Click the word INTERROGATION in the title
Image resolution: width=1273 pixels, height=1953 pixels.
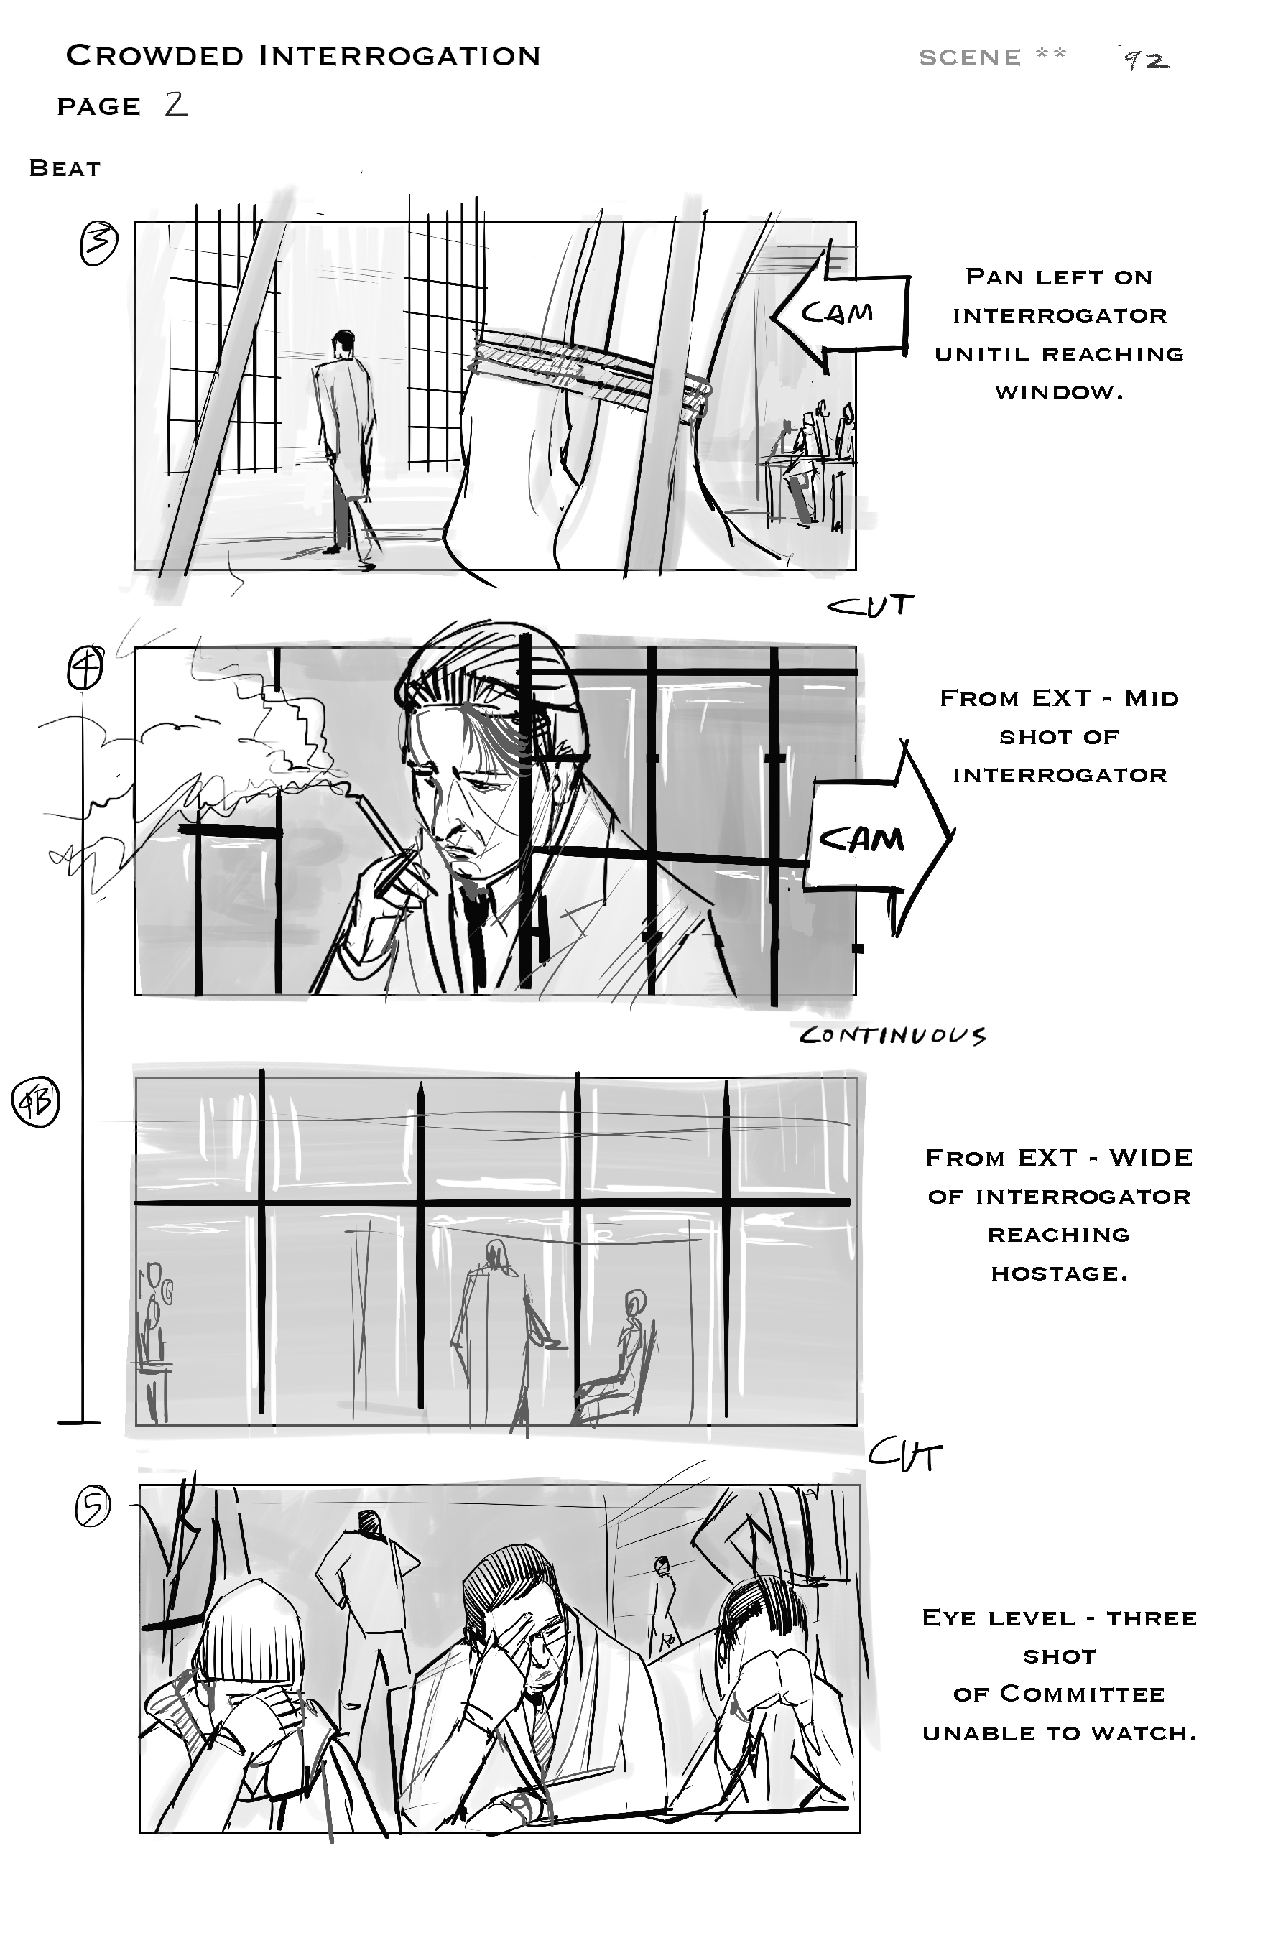[399, 56]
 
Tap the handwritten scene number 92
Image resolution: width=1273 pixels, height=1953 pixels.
[1146, 58]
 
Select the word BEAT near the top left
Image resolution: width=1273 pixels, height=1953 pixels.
[65, 168]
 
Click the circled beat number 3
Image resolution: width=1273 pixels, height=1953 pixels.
[98, 243]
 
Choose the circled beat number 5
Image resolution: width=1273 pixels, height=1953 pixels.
[93, 1508]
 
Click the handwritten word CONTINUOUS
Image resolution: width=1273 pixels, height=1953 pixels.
[892, 1035]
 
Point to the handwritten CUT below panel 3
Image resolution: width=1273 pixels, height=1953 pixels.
[870, 606]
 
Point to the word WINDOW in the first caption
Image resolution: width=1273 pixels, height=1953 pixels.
[1059, 393]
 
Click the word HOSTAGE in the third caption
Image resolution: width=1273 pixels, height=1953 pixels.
[1059, 1274]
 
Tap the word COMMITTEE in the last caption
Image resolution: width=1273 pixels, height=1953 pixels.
[1083, 1694]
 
